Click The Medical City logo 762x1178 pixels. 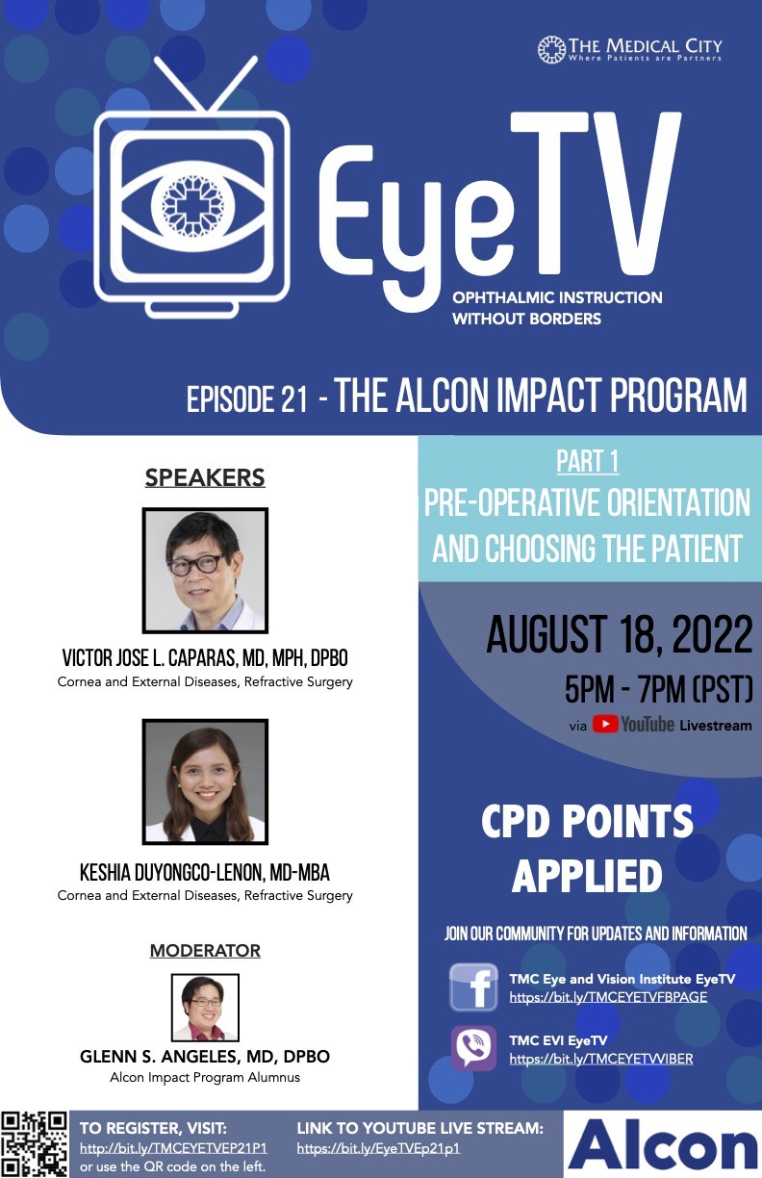629,49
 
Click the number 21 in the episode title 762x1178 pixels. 294,399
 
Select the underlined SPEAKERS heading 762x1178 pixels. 205,477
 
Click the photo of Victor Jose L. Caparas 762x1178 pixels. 205,570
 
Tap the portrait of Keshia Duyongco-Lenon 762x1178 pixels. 205,781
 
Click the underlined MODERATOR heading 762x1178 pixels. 205,950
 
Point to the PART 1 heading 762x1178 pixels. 588,462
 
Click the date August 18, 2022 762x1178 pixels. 619,634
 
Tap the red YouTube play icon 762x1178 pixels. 605,724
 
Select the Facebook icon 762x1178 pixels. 473,987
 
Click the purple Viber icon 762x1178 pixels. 473,1047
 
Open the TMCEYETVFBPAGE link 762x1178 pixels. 608,997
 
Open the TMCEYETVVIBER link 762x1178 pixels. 601,1059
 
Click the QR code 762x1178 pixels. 35,1144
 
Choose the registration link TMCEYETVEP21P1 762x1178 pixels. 173,1148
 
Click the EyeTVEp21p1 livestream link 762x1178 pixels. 379,1148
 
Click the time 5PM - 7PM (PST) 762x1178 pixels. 658,689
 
